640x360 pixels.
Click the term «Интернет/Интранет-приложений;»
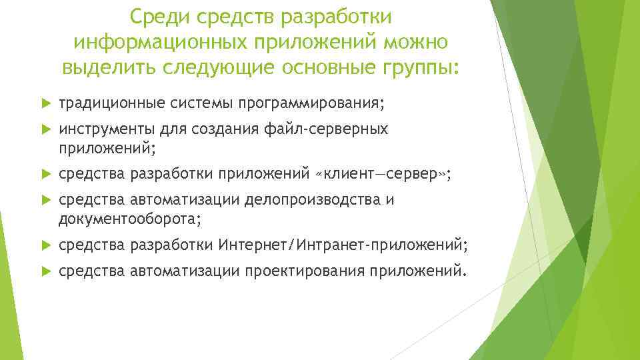343,247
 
